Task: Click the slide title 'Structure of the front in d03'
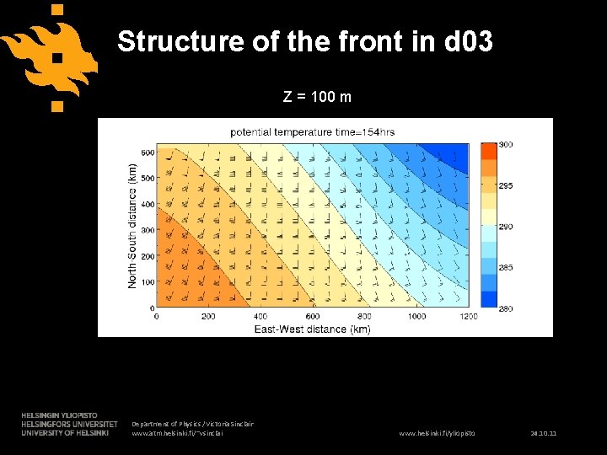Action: (304, 41)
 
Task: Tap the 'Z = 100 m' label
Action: (317, 97)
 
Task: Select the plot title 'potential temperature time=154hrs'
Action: (313, 131)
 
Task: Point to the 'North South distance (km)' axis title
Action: (132, 226)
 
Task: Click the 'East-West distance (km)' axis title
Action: (312, 328)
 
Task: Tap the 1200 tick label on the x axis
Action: (468, 317)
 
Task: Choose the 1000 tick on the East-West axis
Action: (416, 317)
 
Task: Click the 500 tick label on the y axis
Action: (148, 179)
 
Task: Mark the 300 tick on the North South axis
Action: (148, 230)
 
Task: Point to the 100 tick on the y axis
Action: (148, 282)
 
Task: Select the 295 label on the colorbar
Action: (506, 185)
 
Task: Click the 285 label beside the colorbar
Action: (506, 268)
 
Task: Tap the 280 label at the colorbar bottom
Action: (506, 309)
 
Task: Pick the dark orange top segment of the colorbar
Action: (489, 152)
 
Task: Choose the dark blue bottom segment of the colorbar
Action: (489, 299)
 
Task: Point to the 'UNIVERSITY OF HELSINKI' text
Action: (64, 433)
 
